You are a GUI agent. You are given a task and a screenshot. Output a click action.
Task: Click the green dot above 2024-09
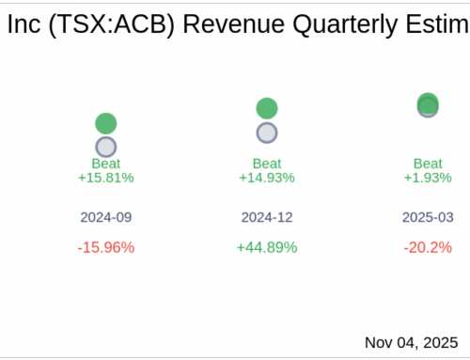tap(106, 123)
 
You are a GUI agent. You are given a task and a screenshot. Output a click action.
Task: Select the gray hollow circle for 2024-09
tap(106, 147)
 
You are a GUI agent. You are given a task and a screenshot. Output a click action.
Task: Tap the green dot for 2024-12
tap(267, 108)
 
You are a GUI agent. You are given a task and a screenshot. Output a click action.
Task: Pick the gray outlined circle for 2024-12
tap(267, 133)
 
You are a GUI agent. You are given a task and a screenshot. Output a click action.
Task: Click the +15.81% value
tap(106, 177)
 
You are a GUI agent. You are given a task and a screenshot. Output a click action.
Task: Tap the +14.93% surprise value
tap(267, 177)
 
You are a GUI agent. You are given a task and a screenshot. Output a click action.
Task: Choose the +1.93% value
tap(428, 177)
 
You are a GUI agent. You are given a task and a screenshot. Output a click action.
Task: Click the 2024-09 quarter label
tap(106, 217)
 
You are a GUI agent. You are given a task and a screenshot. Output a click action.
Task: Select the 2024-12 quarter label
tap(267, 217)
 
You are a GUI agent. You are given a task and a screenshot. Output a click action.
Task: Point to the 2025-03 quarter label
tap(428, 217)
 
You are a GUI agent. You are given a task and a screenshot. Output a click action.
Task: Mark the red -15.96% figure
tap(106, 247)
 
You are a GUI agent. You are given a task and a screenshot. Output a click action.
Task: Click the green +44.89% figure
tap(267, 247)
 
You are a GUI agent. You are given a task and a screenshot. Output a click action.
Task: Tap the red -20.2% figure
tap(428, 247)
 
